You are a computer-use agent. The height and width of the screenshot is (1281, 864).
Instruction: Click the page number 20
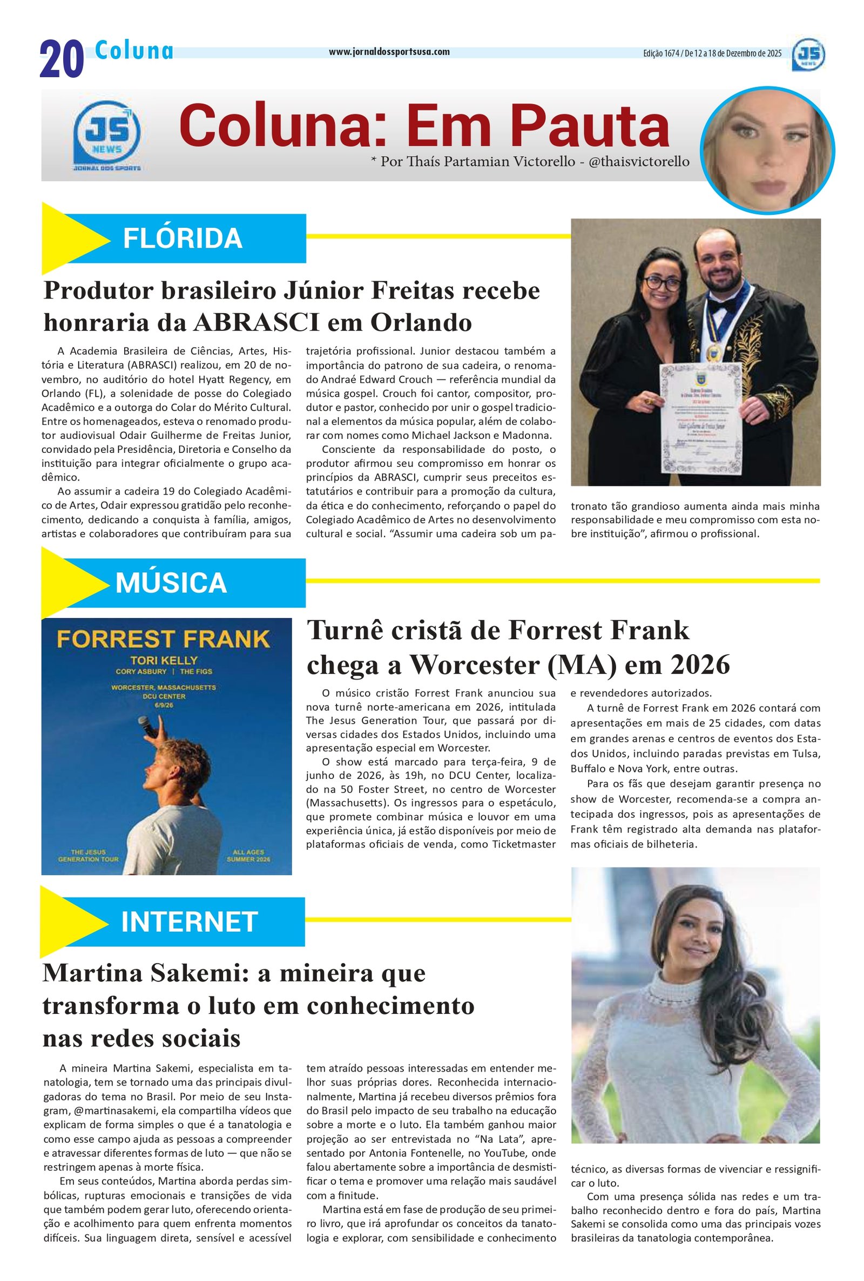[x=61, y=59]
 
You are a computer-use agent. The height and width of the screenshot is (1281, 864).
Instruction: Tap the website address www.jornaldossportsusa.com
[x=389, y=52]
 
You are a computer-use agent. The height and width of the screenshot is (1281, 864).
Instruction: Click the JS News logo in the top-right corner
[x=808, y=55]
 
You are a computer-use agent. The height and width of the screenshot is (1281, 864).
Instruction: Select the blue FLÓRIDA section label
[x=183, y=238]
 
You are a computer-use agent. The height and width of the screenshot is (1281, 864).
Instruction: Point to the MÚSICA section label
[x=171, y=582]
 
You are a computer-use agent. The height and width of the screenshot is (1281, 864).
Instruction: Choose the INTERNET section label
[x=189, y=921]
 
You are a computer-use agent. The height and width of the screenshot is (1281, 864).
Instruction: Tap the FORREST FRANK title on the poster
[x=164, y=640]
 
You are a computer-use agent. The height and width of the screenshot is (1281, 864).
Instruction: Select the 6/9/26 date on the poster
[x=164, y=705]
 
